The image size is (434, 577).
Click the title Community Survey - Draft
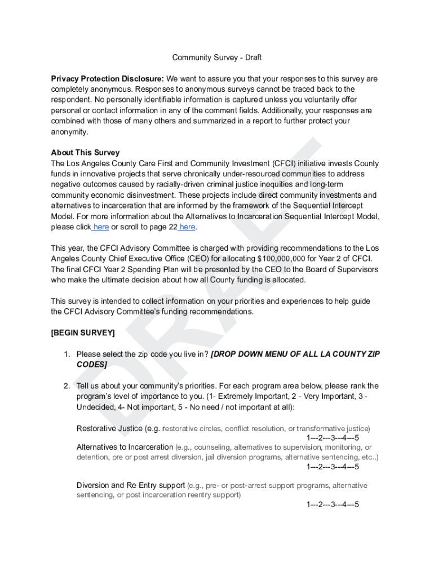coord(216,57)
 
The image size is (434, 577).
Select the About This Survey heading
coord(85,153)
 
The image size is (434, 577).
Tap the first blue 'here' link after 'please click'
coord(101,227)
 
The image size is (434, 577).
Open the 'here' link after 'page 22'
coord(188,227)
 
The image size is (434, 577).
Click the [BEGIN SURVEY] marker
coord(83,333)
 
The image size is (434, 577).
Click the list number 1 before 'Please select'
coord(66,354)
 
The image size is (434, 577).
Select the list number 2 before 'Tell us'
coord(66,386)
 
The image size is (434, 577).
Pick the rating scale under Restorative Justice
coord(333,438)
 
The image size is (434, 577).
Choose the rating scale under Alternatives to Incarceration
coord(333,467)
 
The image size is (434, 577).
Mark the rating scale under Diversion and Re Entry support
coord(333,504)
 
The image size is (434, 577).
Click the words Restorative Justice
coord(109,428)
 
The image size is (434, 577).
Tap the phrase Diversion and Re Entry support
coord(131,485)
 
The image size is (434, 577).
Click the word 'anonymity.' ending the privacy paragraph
coord(70,132)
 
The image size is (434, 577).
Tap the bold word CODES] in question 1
coord(91,365)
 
